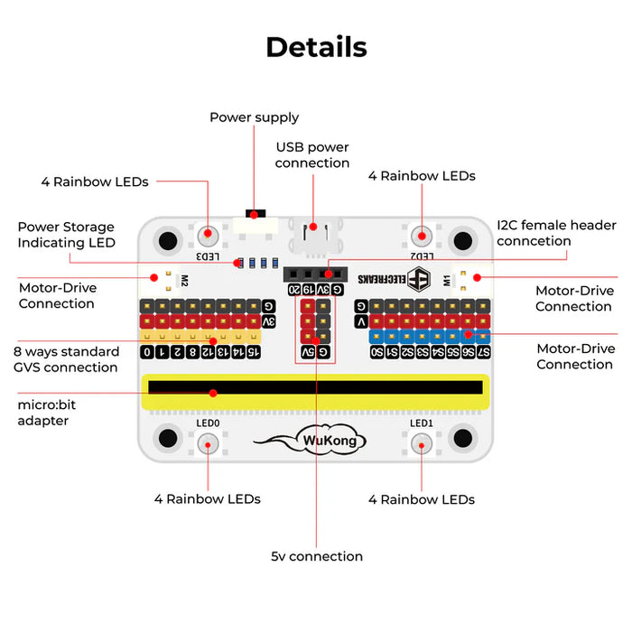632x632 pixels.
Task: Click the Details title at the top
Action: coord(316,47)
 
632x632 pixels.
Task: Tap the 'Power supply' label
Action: coord(254,117)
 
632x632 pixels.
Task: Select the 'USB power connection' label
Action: coord(311,155)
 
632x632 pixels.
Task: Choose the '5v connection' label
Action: coord(317,556)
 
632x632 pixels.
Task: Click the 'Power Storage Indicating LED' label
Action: coord(66,235)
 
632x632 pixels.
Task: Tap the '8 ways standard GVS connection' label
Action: coord(66,359)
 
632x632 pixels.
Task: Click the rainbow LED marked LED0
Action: coord(208,442)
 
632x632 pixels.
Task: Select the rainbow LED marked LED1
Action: coord(422,442)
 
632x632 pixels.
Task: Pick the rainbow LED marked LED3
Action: coord(209,236)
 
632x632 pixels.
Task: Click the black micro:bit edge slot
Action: coord(316,386)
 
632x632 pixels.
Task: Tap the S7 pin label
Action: coord(484,351)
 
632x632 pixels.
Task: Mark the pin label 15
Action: coord(254,351)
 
